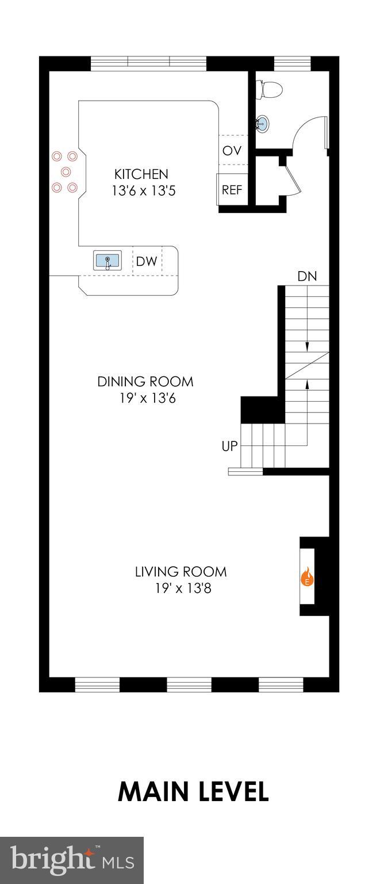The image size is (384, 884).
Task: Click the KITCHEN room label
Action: tap(141, 174)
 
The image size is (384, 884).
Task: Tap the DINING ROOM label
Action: tap(145, 382)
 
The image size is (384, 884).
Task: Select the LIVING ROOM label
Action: tap(181, 571)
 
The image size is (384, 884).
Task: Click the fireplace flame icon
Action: tap(307, 576)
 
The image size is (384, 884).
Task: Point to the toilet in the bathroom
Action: tap(271, 90)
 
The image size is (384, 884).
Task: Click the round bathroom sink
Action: tap(262, 123)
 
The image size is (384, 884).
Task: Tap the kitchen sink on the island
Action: tap(107, 261)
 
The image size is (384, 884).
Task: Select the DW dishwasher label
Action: tap(146, 262)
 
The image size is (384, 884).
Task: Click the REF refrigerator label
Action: tap(232, 190)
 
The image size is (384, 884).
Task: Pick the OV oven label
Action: tap(232, 151)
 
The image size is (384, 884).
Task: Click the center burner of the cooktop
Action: tap(66, 172)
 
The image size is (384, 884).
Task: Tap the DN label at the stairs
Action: tap(307, 276)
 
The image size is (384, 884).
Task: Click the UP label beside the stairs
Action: tap(229, 446)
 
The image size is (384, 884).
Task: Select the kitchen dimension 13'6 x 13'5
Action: tap(143, 190)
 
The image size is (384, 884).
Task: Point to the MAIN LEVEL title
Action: tap(193, 792)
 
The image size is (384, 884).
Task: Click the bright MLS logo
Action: tap(72, 860)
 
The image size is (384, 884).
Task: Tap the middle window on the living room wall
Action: tap(189, 684)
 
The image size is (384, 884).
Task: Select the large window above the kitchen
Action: tap(148, 63)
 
